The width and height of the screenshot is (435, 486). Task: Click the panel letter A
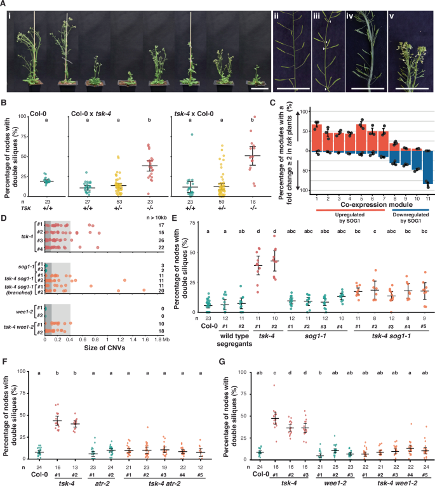(x=4, y=4)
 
